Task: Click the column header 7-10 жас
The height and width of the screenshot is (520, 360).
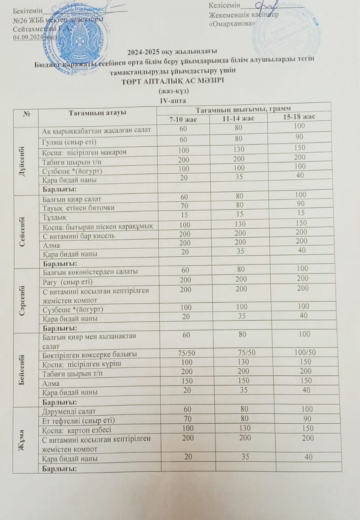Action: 183,119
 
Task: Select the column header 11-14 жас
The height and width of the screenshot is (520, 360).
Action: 238,118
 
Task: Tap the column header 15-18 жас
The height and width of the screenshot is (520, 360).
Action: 298,117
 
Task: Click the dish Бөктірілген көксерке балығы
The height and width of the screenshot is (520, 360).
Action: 89,353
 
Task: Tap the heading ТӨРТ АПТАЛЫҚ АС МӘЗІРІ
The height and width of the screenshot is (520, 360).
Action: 173,81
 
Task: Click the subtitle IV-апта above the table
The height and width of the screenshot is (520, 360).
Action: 174,99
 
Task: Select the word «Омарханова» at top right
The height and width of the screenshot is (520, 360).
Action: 232,24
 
